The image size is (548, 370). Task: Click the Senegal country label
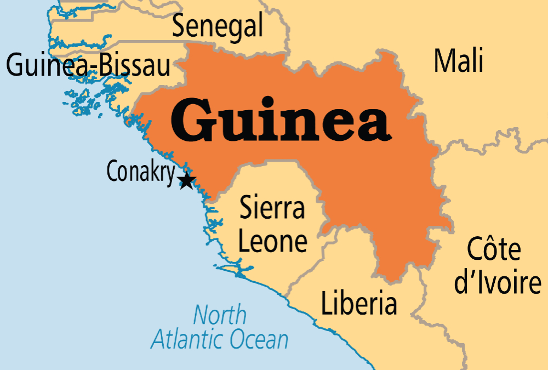click(218, 26)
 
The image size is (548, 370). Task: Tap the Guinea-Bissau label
click(88, 65)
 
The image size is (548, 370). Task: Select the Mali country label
click(459, 60)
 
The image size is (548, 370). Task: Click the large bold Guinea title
click(280, 122)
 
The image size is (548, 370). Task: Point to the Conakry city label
click(141, 172)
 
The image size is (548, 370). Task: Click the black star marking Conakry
click(186, 180)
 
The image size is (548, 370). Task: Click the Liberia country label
click(358, 304)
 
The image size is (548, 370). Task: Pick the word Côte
click(493, 251)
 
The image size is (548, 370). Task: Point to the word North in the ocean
click(219, 315)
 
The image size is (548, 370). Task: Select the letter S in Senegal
click(179, 26)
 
